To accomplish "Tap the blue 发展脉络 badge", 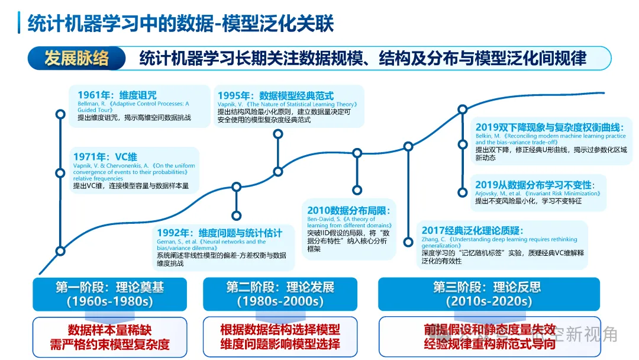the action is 76,58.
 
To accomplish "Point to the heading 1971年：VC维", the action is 105,157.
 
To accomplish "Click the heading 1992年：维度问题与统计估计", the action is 219,233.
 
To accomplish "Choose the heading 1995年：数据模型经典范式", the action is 275,95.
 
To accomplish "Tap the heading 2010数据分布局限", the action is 348,210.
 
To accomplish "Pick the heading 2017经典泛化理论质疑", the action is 472,230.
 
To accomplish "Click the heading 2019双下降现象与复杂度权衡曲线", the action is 550,127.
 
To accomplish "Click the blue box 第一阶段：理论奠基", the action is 109,294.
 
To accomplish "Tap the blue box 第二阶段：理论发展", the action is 280,294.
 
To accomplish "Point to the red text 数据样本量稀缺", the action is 109,330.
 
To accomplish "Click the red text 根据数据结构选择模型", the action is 280,330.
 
